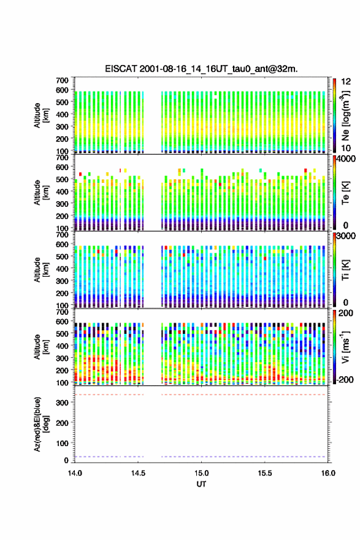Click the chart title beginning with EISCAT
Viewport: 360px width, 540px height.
coord(201,69)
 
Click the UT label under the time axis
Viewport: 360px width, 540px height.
coord(201,484)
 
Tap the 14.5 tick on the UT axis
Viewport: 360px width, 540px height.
coord(138,473)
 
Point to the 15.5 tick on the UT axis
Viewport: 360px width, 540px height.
coord(265,473)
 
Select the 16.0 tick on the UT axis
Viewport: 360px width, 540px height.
coord(328,473)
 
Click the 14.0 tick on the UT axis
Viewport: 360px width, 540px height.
coord(75,473)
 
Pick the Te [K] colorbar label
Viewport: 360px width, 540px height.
coord(346,193)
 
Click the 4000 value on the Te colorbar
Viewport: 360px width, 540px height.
coord(346,159)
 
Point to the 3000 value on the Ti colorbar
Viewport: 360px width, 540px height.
coord(346,236)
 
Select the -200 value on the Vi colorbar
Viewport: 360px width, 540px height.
coord(345,379)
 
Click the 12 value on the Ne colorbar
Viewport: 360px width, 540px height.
coord(346,82)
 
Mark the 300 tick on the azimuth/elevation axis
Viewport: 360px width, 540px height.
coord(63,403)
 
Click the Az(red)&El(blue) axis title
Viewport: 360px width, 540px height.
coord(41,424)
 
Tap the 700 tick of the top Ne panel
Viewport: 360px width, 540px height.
coord(63,80)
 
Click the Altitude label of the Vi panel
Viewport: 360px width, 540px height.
coord(41,347)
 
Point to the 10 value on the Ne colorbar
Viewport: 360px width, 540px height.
coord(346,148)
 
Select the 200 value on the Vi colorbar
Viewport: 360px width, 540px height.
coord(346,313)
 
